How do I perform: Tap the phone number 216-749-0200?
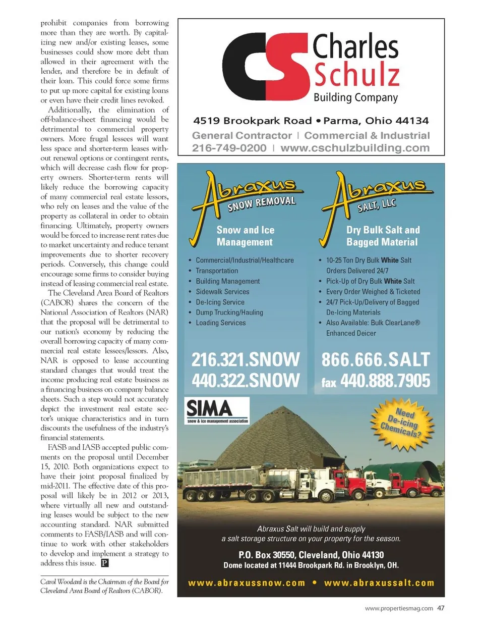(229, 148)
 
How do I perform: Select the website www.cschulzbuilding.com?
(355, 148)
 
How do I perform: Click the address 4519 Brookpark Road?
(253, 121)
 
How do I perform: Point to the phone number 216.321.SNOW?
(246, 359)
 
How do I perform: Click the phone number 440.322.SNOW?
(246, 380)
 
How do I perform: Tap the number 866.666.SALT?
(376, 359)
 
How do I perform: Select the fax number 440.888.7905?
(385, 381)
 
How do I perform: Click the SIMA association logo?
(217, 410)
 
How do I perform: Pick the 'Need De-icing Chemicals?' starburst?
(402, 423)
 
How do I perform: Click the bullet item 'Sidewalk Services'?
(222, 291)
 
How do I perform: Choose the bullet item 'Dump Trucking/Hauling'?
(229, 312)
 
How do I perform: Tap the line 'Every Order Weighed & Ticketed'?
(373, 291)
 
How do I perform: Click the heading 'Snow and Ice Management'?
(246, 236)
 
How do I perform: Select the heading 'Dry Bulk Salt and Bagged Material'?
(383, 236)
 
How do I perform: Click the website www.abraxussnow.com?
(247, 583)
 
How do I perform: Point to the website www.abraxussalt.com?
(379, 583)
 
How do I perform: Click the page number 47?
(441, 608)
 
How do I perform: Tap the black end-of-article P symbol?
(105, 563)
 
